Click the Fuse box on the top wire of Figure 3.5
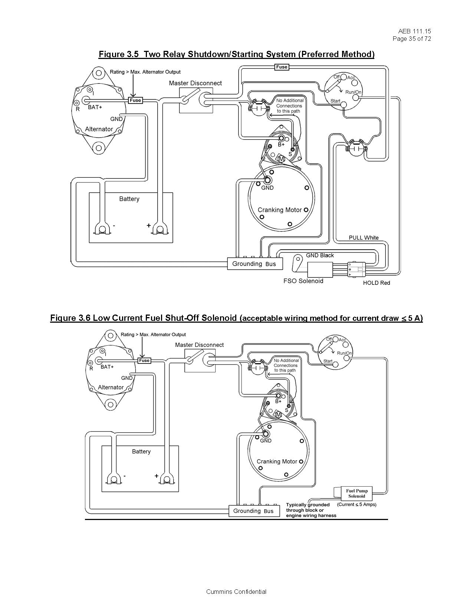(282, 67)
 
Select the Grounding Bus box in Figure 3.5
(254, 264)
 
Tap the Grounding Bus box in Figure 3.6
(253, 511)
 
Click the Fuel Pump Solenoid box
(356, 493)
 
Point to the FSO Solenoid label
(303, 281)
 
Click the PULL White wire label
(364, 238)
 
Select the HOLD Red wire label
(376, 283)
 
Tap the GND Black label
(319, 255)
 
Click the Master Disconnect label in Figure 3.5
(195, 83)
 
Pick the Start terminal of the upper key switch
(344, 105)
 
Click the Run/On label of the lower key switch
(344, 353)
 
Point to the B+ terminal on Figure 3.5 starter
(281, 139)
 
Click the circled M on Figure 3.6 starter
(278, 414)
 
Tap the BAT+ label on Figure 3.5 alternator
(95, 107)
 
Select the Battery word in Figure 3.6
(141, 451)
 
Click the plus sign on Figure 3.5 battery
(148, 225)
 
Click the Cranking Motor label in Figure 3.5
(279, 210)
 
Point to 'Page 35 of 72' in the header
(412, 39)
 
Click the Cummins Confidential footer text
(236, 592)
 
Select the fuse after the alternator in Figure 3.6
(144, 361)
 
